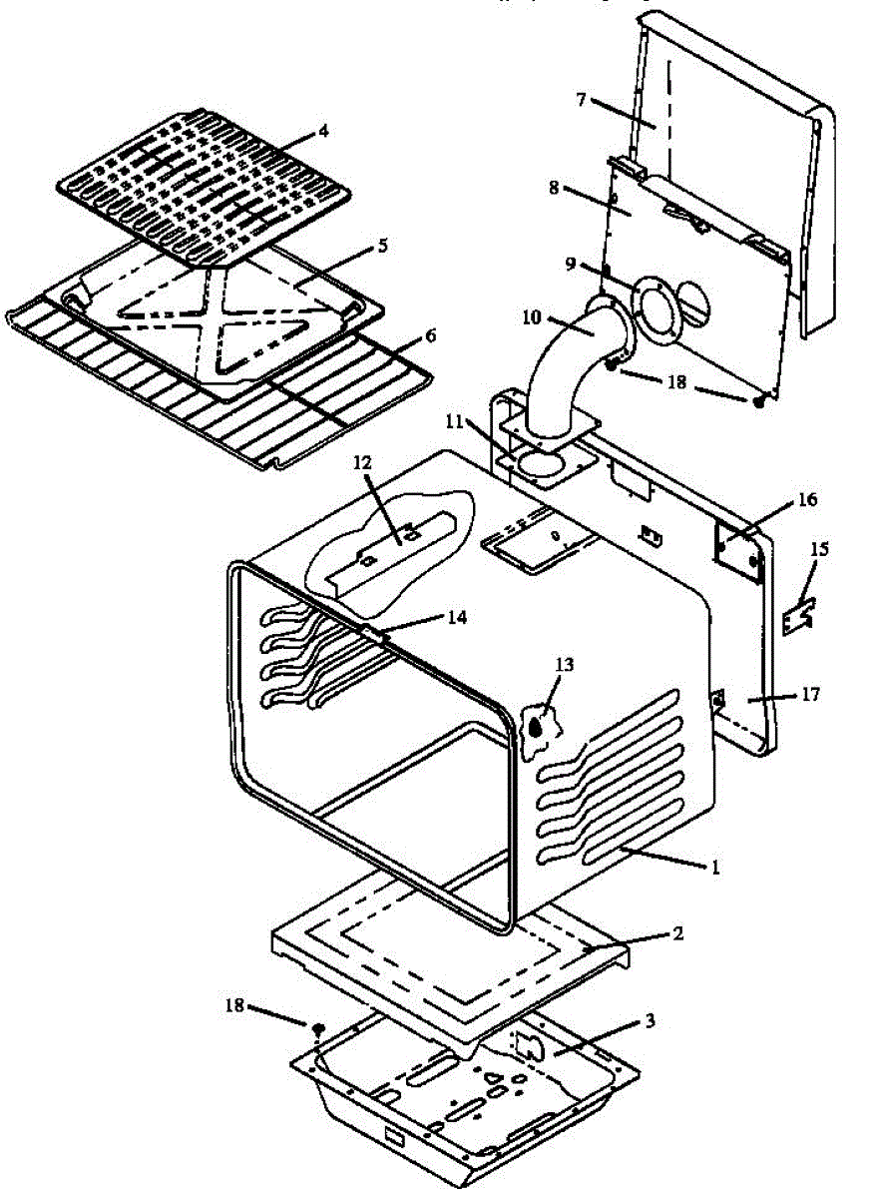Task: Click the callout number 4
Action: (323, 130)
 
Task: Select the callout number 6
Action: (430, 336)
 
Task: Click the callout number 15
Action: (819, 550)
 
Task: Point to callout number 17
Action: (810, 694)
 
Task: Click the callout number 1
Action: (714, 867)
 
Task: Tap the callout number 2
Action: (677, 935)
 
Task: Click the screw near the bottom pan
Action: (318, 1028)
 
